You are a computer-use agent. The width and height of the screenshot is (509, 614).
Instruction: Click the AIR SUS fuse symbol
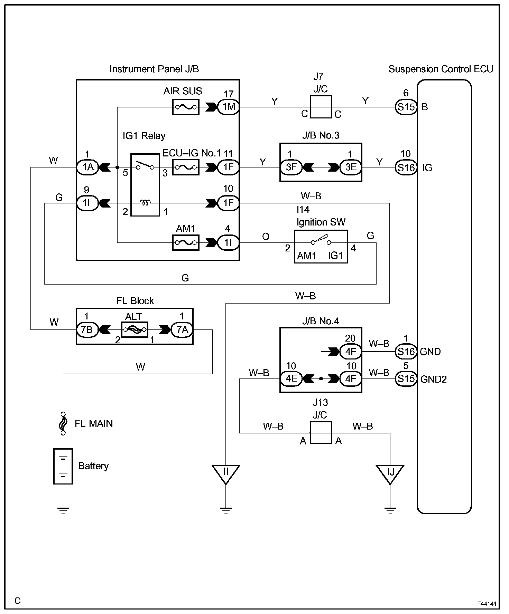[186, 107]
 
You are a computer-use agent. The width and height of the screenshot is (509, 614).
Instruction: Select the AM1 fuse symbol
[186, 242]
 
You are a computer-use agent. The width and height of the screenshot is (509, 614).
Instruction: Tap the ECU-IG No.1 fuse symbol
[186, 167]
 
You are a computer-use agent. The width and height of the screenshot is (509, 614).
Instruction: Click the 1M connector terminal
[229, 107]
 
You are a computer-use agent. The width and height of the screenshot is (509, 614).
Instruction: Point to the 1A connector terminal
[87, 167]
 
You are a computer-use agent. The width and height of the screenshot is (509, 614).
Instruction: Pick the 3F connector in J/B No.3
[291, 167]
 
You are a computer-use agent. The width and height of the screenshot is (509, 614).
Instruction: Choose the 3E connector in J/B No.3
[351, 167]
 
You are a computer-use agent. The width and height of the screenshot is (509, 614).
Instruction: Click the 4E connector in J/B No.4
[291, 379]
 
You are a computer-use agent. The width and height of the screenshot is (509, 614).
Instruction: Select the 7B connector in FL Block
[87, 330]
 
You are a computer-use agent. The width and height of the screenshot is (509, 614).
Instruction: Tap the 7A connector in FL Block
[182, 330]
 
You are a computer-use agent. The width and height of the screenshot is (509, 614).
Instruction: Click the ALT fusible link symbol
[135, 330]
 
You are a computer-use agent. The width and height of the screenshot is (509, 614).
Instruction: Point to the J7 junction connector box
[321, 107]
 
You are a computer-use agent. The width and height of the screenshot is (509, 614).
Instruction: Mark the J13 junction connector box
[321, 433]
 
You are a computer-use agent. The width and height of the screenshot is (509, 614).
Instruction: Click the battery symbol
[63, 466]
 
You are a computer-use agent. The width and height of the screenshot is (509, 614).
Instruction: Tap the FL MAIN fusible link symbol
[63, 423]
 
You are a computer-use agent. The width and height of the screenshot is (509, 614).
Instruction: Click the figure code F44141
[487, 604]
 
